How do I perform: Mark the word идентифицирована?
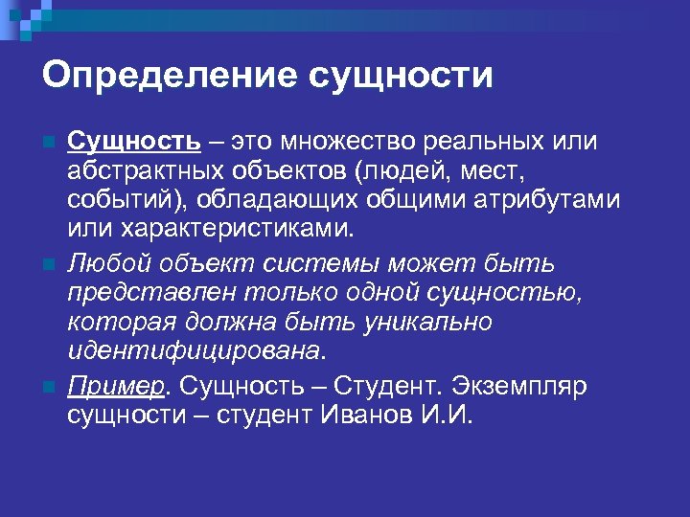click(193, 351)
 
